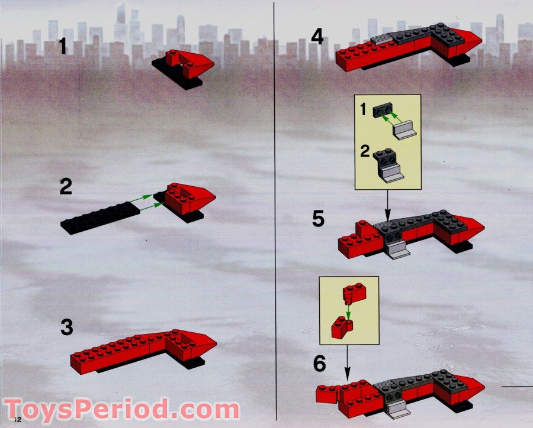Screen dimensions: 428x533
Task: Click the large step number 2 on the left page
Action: pos(66,188)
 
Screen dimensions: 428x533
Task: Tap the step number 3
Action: pos(68,328)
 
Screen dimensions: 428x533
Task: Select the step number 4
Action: pos(317,38)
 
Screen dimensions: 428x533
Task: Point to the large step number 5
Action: pos(319,219)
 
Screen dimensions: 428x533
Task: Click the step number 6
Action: pos(319,363)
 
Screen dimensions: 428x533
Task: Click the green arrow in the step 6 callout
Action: pos(348,310)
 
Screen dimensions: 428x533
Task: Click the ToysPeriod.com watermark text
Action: pos(122,409)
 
